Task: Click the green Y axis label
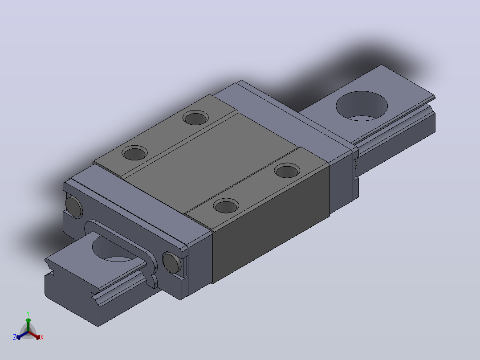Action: click(28, 313)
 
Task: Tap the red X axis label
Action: click(42, 337)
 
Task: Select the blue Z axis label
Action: click(15, 337)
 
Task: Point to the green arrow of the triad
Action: click(28, 325)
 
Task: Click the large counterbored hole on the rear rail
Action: click(362, 106)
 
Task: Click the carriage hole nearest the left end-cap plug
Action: click(134, 152)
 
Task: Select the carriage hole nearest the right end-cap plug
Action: click(226, 206)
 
